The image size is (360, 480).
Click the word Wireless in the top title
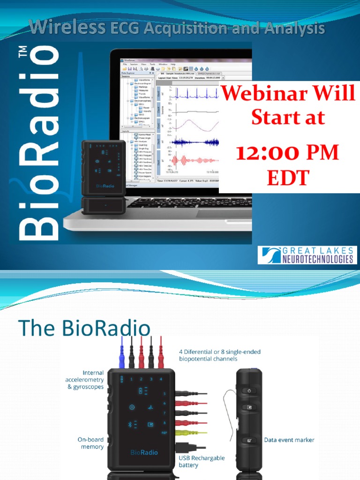(x=67, y=29)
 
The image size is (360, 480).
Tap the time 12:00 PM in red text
(x=287, y=153)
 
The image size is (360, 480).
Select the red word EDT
(x=288, y=178)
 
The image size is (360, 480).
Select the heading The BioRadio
(x=84, y=328)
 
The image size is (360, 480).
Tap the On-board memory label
(x=90, y=443)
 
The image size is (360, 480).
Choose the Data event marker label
(x=289, y=440)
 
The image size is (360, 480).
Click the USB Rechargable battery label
(x=201, y=461)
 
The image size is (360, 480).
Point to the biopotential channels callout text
(x=220, y=355)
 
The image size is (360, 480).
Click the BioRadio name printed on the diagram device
(x=144, y=452)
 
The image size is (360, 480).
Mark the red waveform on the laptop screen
(x=195, y=161)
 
